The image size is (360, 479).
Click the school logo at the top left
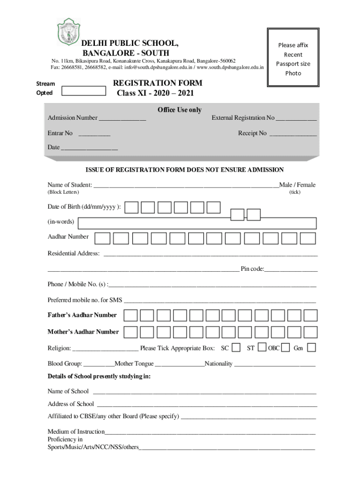(68, 31)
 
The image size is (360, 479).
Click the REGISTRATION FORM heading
(158, 83)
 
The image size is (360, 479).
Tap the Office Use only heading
(180, 110)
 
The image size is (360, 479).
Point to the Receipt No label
(252, 133)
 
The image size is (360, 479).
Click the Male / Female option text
(297, 185)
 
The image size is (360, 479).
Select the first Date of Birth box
(132, 207)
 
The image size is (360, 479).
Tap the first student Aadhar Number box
(102, 238)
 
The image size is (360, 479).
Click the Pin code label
(252, 269)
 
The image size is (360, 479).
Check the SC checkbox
(237, 348)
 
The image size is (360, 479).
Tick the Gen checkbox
(311, 348)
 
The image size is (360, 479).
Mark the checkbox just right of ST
(262, 348)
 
